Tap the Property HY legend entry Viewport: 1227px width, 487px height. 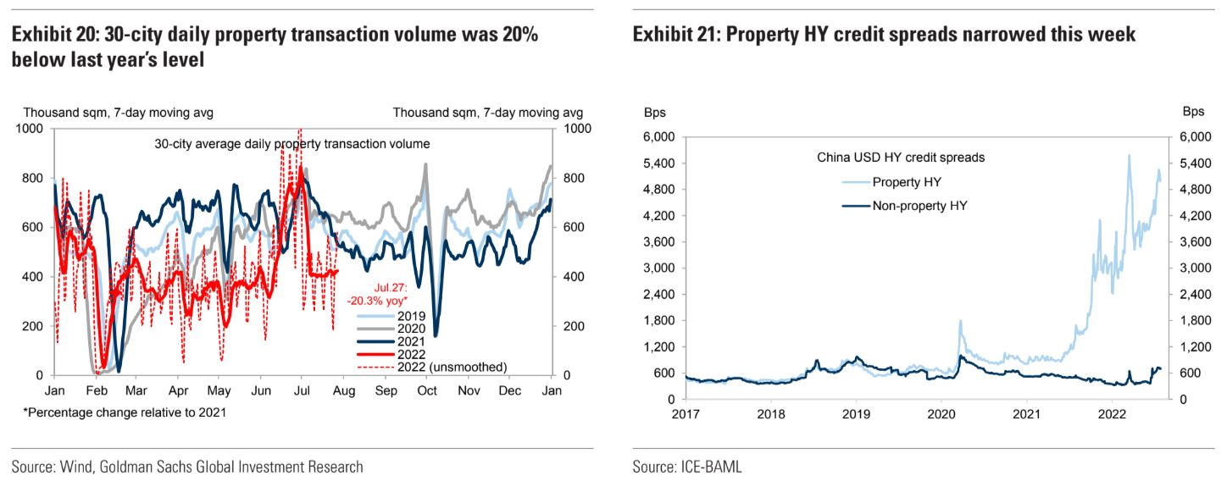[x=907, y=181]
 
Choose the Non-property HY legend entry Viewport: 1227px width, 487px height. [x=919, y=204]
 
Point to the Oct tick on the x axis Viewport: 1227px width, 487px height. [x=427, y=390]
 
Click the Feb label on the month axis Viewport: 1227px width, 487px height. [x=94, y=390]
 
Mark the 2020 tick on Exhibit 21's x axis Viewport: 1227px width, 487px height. [x=941, y=414]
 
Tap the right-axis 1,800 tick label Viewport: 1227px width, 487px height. [x=1191, y=320]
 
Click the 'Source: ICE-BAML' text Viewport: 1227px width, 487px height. [x=686, y=467]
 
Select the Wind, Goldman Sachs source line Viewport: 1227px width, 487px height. [x=187, y=467]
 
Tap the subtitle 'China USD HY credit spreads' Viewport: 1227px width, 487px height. [x=900, y=157]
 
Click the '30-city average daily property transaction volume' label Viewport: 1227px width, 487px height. [x=292, y=144]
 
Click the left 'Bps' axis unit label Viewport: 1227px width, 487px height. [x=655, y=113]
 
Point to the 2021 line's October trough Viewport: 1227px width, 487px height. [x=436, y=335]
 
